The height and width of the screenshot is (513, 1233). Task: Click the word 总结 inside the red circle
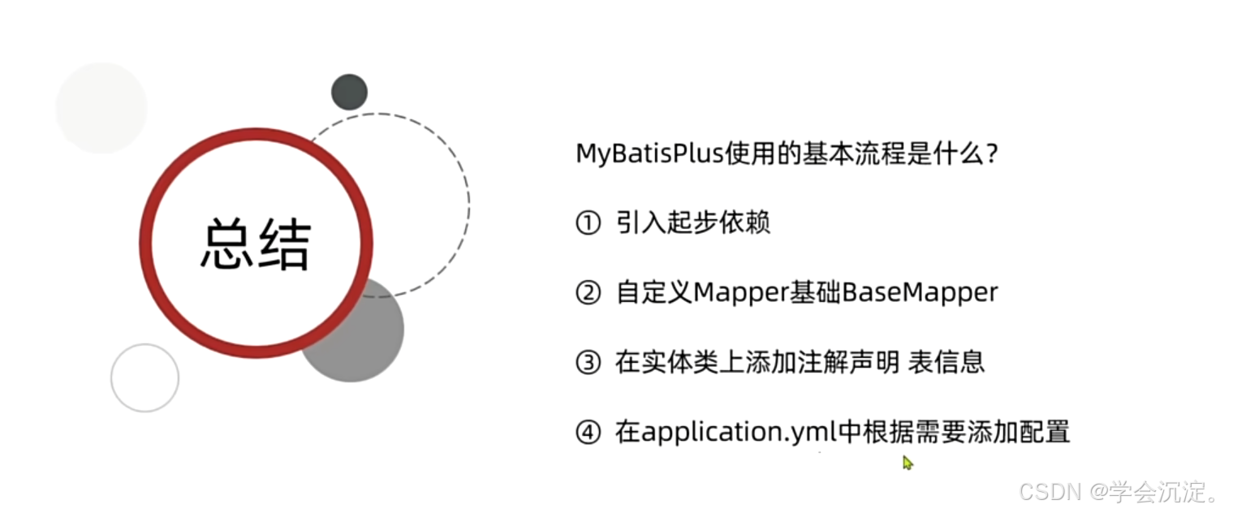[256, 244]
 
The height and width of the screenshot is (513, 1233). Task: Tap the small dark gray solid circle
[349, 92]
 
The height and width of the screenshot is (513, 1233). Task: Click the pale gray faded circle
[101, 107]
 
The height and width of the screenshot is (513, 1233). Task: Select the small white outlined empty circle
[144, 377]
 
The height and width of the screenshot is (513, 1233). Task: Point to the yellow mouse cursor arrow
[908, 463]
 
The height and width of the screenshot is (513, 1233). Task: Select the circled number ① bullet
[587, 223]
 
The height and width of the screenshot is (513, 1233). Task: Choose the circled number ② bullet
[587, 293]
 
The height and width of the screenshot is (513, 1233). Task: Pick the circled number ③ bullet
[587, 363]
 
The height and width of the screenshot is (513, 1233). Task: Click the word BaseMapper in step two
[920, 293]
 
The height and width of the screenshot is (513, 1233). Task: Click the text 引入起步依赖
[692, 223]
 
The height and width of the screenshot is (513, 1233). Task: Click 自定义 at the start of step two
[654, 293]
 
